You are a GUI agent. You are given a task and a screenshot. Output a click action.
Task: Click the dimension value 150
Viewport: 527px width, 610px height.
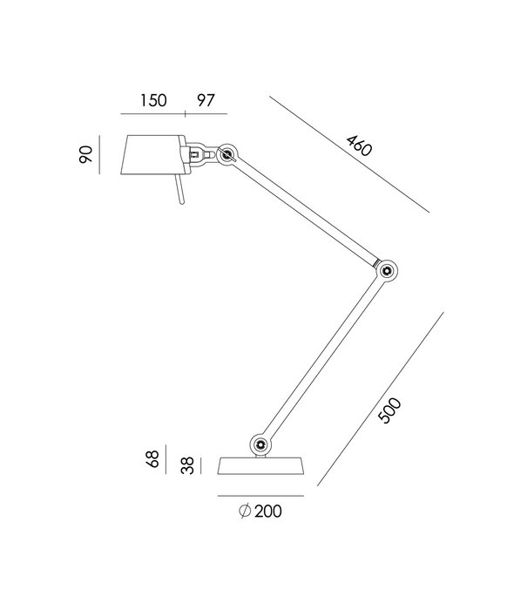[153, 99]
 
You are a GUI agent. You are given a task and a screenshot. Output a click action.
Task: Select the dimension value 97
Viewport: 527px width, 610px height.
[207, 99]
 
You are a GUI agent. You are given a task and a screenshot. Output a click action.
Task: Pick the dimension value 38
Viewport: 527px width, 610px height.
[185, 465]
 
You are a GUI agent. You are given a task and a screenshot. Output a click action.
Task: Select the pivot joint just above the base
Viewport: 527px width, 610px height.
[260, 444]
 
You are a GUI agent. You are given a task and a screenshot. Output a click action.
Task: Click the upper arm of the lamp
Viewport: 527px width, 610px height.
[305, 213]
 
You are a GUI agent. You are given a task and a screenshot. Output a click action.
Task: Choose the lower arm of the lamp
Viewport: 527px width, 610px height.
[322, 357]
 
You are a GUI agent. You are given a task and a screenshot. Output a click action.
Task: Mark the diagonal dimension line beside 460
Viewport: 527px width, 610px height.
[348, 154]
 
